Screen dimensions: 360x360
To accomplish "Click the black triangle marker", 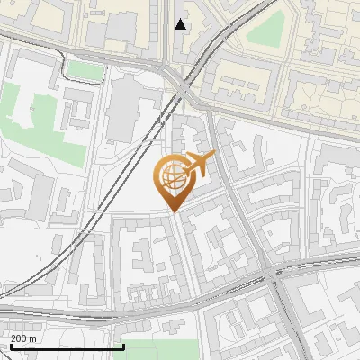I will (x=181, y=24).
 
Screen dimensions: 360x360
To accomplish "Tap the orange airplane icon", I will (x=199, y=163).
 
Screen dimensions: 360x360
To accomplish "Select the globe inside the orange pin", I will (x=172, y=177).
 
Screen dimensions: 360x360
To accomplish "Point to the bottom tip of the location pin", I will (x=172, y=212).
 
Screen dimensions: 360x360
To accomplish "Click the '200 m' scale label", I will (x=23, y=338).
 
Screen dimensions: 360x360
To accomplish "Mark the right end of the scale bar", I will (x=123, y=346).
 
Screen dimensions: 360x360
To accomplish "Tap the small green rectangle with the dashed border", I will (x=83, y=69).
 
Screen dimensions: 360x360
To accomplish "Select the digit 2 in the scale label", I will (x=13, y=338).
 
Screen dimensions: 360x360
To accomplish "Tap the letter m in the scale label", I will (x=33, y=338).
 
